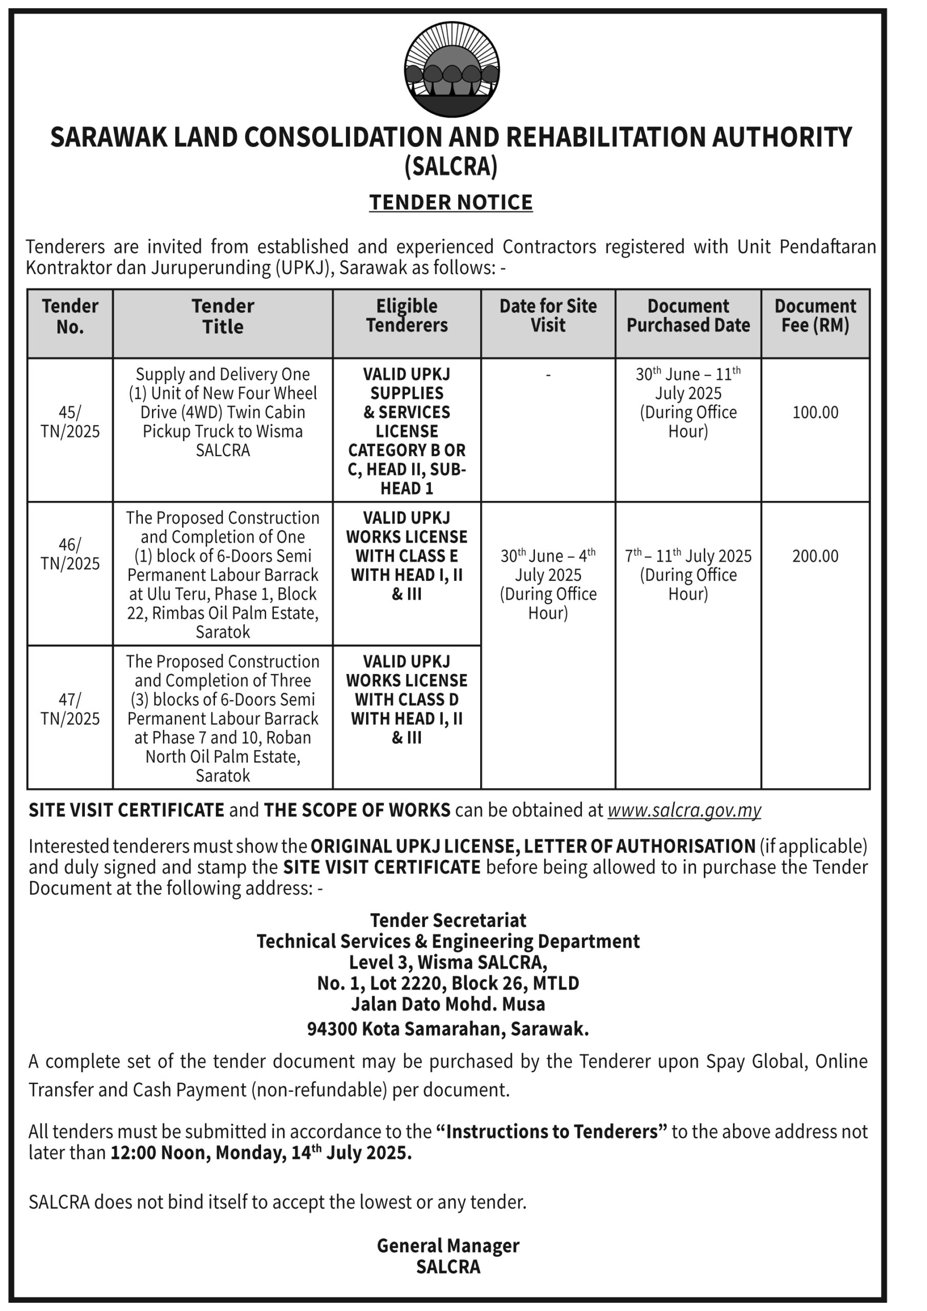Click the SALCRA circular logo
[x=451, y=69]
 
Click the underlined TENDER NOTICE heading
[x=451, y=202]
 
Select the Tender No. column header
[x=70, y=316]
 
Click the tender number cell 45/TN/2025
[x=70, y=421]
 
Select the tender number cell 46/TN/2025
[x=70, y=554]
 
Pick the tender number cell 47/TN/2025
[x=70, y=709]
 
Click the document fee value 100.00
[x=815, y=412]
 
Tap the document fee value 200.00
[x=815, y=556]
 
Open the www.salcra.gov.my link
[x=684, y=810]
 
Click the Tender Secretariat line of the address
[x=448, y=920]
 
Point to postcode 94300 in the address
[x=332, y=1028]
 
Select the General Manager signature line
[x=448, y=1245]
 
